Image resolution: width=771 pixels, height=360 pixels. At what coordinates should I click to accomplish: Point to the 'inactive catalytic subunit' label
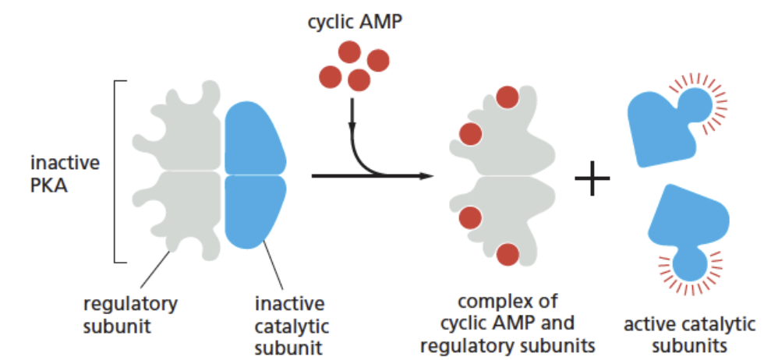point(289,323)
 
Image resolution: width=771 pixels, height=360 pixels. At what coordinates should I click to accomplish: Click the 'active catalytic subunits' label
point(690,334)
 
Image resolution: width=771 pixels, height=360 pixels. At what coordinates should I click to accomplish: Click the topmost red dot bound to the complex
point(507,97)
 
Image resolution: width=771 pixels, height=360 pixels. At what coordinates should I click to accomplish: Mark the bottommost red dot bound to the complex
point(508,254)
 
